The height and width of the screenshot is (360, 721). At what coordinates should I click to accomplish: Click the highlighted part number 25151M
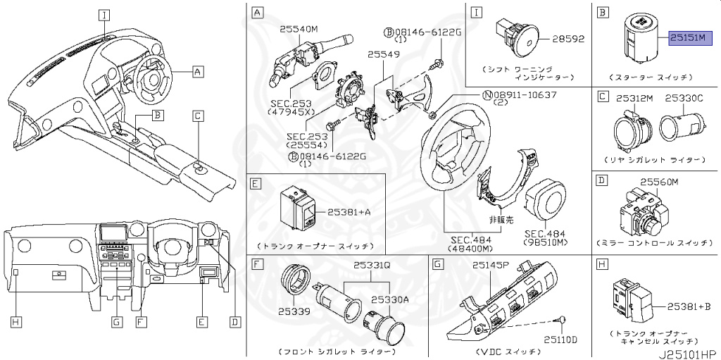[691, 38]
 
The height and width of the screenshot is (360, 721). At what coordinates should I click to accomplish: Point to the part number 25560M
[658, 182]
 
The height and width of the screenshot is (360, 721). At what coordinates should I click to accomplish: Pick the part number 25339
[294, 311]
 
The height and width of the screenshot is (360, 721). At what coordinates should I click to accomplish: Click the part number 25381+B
[686, 306]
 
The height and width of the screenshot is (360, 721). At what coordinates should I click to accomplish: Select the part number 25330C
[684, 99]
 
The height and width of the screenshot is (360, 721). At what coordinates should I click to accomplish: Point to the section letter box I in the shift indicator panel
[477, 12]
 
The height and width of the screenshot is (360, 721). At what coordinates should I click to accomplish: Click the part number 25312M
[635, 99]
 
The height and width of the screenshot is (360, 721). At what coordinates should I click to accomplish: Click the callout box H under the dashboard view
[15, 322]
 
